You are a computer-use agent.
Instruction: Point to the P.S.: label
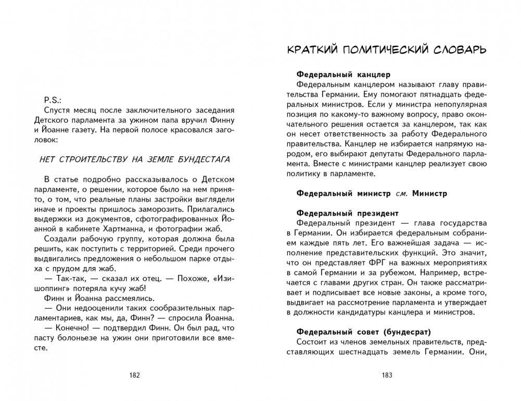click(54, 99)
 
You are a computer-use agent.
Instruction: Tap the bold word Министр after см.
click(429, 193)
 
